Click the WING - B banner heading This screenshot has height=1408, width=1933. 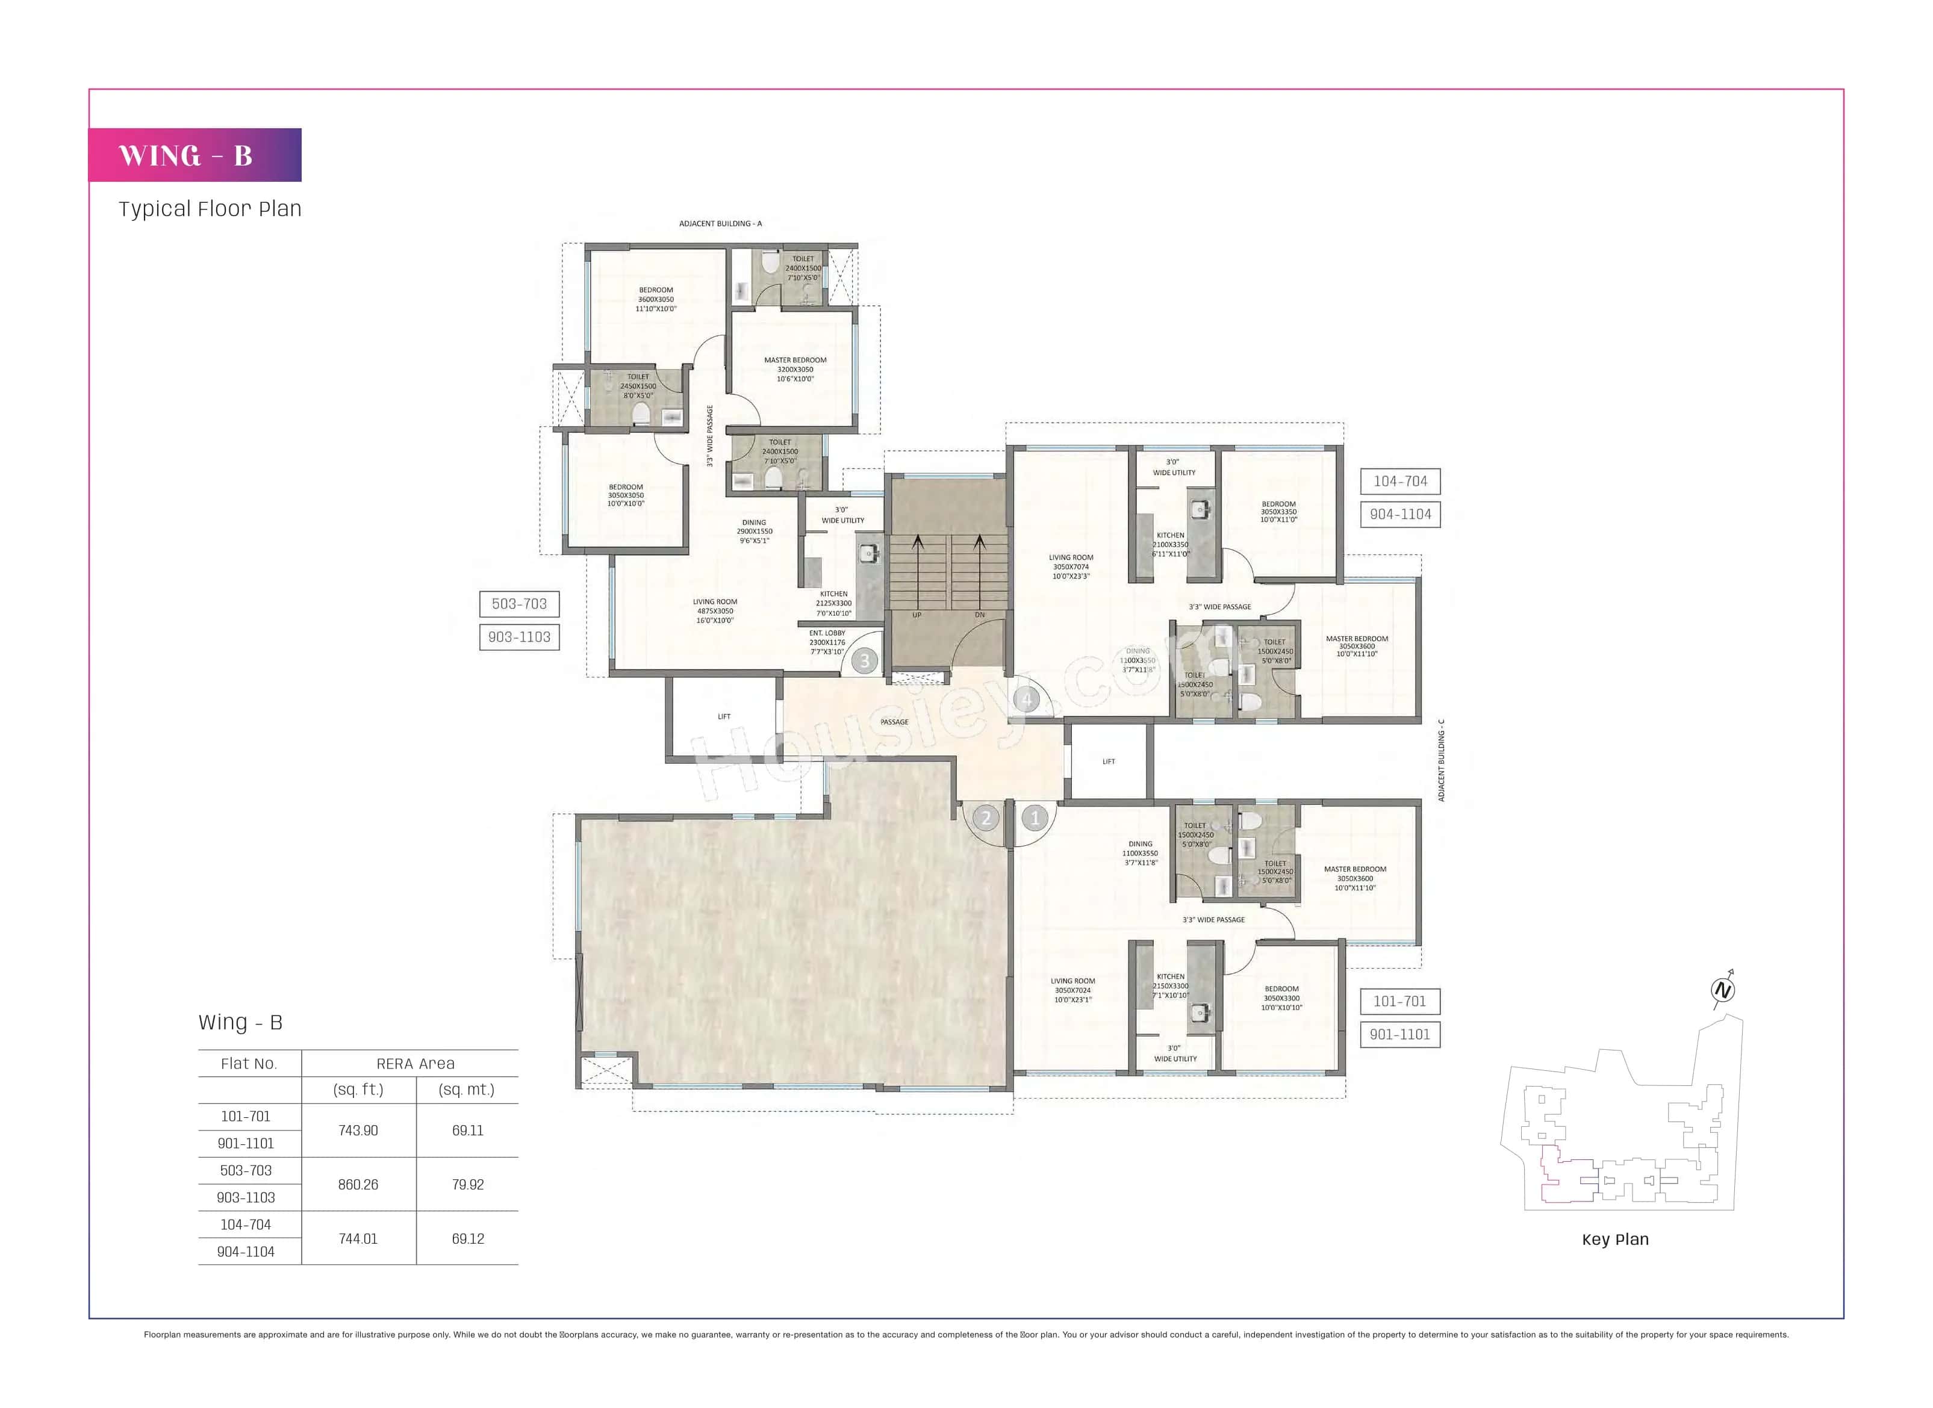point(186,156)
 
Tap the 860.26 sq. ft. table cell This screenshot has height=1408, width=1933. point(358,1185)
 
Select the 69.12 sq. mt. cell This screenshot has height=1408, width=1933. point(467,1238)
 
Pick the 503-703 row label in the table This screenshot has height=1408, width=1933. point(246,1170)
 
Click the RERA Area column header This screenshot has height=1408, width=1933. point(416,1064)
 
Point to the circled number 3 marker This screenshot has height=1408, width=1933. point(865,660)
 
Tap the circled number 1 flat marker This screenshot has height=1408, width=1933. point(1035,818)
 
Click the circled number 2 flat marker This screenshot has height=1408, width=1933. point(986,818)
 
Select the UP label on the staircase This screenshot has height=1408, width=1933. point(917,615)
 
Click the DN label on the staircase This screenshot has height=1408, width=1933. point(980,615)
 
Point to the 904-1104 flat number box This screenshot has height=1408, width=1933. point(1400,514)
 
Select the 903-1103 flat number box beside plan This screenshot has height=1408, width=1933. point(519,637)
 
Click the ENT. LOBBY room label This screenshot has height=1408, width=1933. point(827,633)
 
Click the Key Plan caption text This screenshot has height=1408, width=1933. point(1615,1239)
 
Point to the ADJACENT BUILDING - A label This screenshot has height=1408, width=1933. point(720,223)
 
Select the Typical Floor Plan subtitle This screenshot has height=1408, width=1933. point(210,209)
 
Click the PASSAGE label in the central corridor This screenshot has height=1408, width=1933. point(894,722)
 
